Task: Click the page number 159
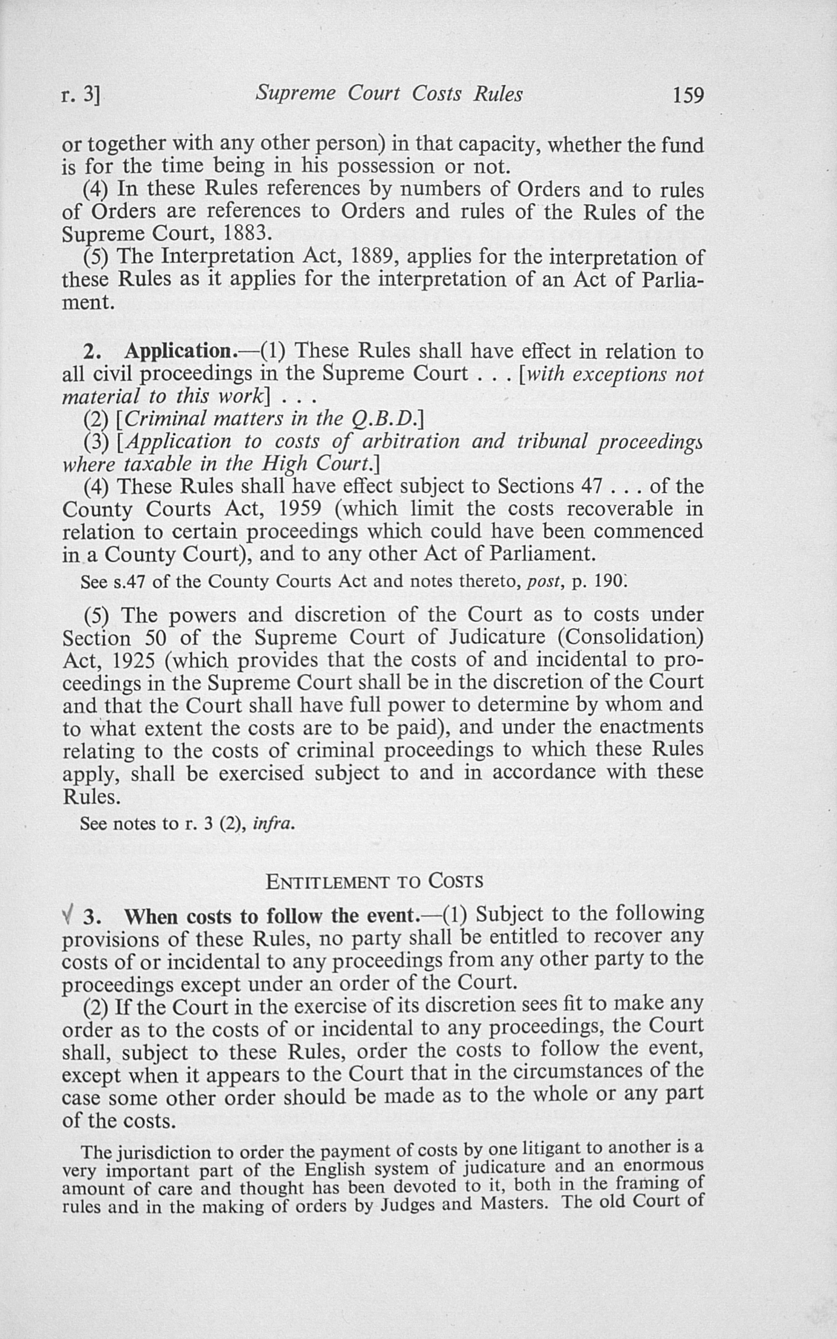point(688,96)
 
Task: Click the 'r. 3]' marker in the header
point(81,96)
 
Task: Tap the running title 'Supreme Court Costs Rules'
point(389,93)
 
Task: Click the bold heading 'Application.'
point(178,352)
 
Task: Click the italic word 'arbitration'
point(410,442)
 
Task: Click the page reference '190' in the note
point(609,582)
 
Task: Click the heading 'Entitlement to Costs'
point(374,881)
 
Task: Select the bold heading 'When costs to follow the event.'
point(270,917)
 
